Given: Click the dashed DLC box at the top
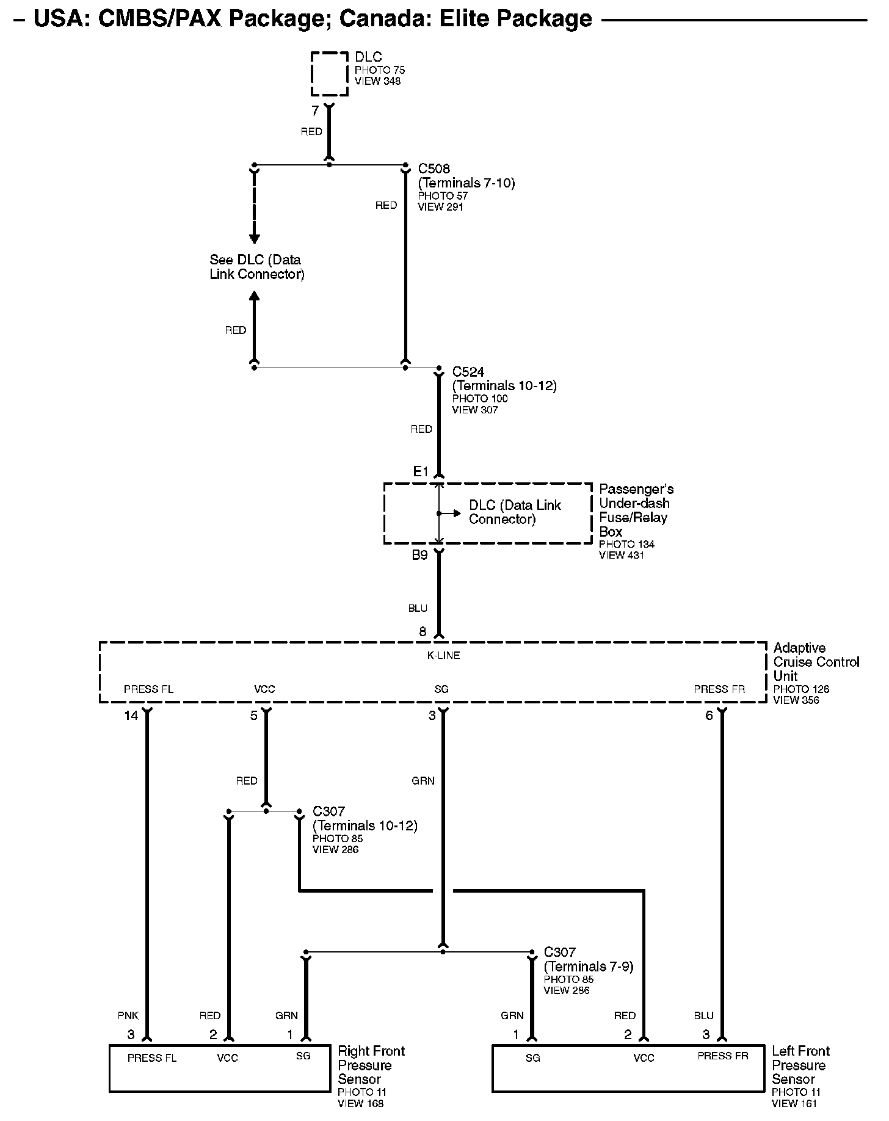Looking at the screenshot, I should click(x=329, y=74).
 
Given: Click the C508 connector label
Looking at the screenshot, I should click(x=434, y=169).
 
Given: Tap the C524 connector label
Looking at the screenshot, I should click(x=468, y=372).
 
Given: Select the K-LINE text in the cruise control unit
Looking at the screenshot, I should click(x=443, y=655).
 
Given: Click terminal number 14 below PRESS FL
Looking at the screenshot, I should click(x=131, y=716).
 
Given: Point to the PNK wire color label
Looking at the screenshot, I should click(x=128, y=1015).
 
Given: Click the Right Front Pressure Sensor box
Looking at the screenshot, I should click(x=219, y=1068).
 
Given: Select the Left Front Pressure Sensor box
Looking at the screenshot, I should click(x=628, y=1068).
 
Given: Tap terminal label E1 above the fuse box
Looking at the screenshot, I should click(x=421, y=471).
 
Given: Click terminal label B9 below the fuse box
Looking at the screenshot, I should click(x=419, y=555).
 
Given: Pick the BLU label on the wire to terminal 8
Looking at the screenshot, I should click(x=418, y=608).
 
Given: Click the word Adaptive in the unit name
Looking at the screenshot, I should click(x=799, y=648).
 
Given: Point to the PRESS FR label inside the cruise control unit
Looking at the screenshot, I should click(x=719, y=689).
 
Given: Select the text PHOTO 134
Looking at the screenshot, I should click(x=626, y=544).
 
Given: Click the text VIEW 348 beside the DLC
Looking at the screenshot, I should click(x=377, y=81).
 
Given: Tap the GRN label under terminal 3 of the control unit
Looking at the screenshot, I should click(x=423, y=780).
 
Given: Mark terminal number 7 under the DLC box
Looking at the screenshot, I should click(x=315, y=111).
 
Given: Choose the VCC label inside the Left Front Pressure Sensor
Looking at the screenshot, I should click(x=644, y=1058).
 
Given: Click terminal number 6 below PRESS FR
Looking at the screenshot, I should click(x=709, y=716).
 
